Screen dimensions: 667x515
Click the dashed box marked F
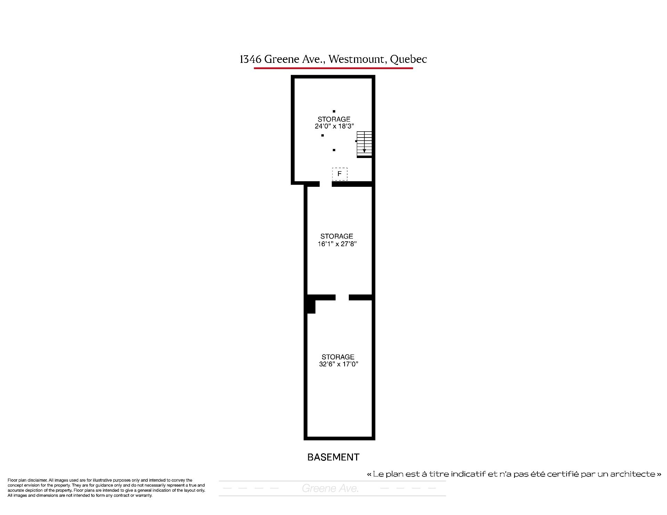(339, 174)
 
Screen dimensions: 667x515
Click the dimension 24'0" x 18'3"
(334, 126)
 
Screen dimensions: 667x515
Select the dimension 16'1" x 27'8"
(337, 244)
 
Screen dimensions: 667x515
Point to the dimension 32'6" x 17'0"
(338, 364)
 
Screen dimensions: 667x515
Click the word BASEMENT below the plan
(333, 457)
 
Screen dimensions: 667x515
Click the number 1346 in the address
(250, 59)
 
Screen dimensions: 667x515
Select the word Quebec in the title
(409, 60)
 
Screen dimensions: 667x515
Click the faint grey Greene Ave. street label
(330, 489)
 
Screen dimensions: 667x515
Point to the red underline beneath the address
(333, 68)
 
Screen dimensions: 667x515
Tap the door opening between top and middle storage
(326, 184)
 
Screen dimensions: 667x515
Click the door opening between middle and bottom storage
(342, 297)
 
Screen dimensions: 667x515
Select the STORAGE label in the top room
(334, 119)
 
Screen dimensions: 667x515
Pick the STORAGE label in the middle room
(337, 236)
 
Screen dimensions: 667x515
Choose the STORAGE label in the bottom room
(338, 357)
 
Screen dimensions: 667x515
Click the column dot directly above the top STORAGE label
(334, 111)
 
